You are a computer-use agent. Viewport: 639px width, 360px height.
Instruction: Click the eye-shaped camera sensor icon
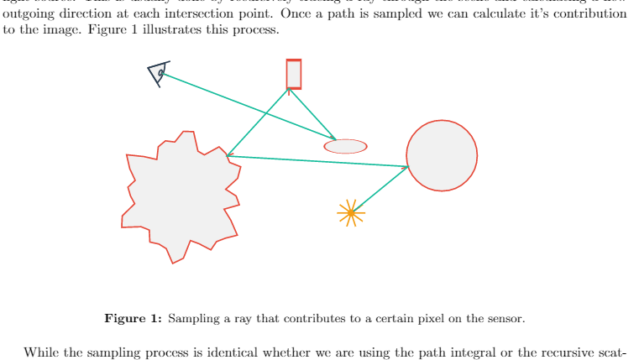158,74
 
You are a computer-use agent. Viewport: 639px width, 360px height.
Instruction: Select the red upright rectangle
293,74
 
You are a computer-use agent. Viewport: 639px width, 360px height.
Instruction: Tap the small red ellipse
345,146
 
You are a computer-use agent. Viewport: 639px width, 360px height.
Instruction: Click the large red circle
442,155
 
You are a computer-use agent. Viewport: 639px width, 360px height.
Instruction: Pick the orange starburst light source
351,213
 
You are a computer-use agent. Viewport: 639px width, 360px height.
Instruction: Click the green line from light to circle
380,189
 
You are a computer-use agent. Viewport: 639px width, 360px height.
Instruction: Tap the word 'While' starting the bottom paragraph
39,352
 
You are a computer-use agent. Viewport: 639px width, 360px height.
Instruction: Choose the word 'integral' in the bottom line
459,352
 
